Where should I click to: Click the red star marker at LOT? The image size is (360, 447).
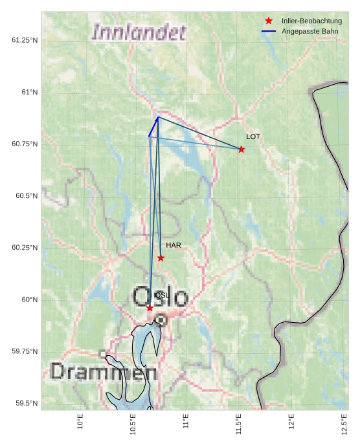[x=242, y=149]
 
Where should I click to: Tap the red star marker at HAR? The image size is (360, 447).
[x=161, y=258]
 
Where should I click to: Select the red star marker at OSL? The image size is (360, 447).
[x=150, y=308]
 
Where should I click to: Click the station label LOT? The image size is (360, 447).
[x=253, y=136]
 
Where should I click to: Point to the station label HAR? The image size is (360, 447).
[x=173, y=245]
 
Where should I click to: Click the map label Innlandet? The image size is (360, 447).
[x=139, y=32]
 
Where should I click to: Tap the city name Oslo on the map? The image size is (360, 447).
[x=160, y=298]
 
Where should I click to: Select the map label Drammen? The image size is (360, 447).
[x=103, y=372]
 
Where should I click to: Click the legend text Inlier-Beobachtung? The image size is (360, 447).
[x=311, y=21]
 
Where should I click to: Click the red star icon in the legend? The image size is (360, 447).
[x=269, y=21]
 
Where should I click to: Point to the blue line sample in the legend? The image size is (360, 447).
[x=269, y=31]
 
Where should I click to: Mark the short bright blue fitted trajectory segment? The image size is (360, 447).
[x=153, y=127]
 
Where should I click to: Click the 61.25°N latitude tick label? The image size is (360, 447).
[x=25, y=40]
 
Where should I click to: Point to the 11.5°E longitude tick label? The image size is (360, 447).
[x=239, y=424]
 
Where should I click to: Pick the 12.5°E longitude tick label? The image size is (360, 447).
[x=344, y=424]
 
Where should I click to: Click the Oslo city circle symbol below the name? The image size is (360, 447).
[x=161, y=320]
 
